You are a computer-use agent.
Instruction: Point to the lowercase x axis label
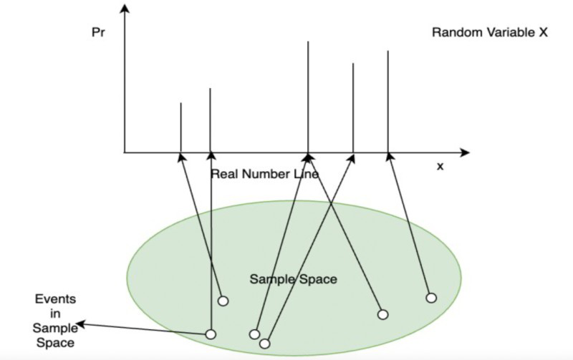pyautogui.click(x=440, y=166)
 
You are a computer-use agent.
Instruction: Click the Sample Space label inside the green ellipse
pyautogui.click(x=293, y=278)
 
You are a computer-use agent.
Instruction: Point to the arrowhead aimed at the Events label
pyautogui.click(x=81, y=324)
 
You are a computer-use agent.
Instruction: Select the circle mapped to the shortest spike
pyautogui.click(x=223, y=301)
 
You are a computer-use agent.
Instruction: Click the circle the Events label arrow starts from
pyautogui.click(x=211, y=334)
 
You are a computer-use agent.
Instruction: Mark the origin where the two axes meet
pyautogui.click(x=125, y=152)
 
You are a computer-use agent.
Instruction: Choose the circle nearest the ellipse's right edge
pyautogui.click(x=431, y=297)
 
